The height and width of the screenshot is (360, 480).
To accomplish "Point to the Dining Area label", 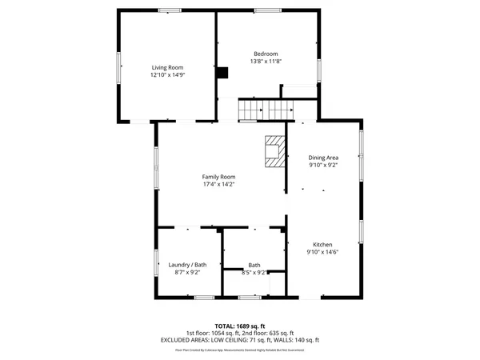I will click(323, 158).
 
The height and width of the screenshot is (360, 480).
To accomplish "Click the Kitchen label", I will click(322, 245).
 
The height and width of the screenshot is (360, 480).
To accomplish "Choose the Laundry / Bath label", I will click(187, 265).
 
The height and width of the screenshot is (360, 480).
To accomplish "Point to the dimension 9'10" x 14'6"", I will click(322, 253).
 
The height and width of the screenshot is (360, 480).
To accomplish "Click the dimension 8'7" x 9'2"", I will click(187, 273).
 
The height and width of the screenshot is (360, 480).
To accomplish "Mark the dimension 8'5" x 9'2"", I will click(254, 273).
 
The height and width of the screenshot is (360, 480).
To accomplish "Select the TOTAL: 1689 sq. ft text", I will click(240, 326).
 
